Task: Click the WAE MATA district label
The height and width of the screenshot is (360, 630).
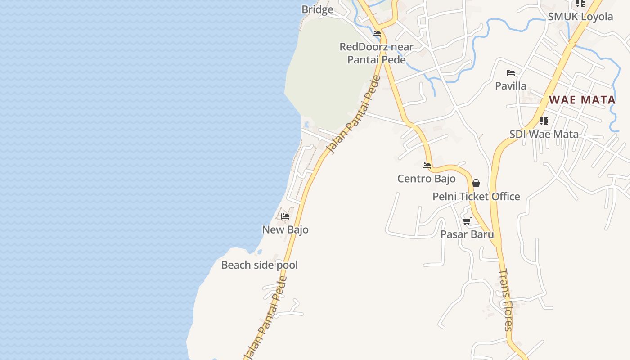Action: pos(582,100)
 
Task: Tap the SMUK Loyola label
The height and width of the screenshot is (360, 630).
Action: pos(580,17)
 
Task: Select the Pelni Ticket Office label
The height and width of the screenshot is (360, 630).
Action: pos(476,197)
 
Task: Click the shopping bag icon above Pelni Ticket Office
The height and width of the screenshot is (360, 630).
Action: pos(476,183)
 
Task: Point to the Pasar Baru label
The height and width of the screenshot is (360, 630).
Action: pos(467,234)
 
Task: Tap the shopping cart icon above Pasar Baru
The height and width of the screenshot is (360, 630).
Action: pos(467,221)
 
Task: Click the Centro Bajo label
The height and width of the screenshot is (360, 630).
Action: pos(426,179)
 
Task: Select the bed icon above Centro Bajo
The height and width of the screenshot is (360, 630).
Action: pos(427,166)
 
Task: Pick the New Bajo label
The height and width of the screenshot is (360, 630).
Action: pos(285,229)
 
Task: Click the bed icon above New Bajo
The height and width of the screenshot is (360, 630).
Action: pos(285,216)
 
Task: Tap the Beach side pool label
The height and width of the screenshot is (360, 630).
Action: pos(259,265)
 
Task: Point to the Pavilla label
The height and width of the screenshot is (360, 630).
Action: pos(511,85)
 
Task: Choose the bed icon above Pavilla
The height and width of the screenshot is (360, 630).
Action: pos(511,72)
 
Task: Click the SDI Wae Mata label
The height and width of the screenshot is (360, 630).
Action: pos(544,134)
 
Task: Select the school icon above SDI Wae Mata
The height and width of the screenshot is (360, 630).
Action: pos(544,121)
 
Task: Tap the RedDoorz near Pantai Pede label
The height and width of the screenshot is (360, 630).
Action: pos(377,53)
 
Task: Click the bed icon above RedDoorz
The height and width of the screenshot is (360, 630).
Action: pos(377,34)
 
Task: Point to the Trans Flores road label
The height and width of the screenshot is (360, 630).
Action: pos(506,300)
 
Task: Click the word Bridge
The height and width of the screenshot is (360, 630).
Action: pos(317,9)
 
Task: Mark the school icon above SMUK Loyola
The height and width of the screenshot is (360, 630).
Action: pos(580,4)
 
